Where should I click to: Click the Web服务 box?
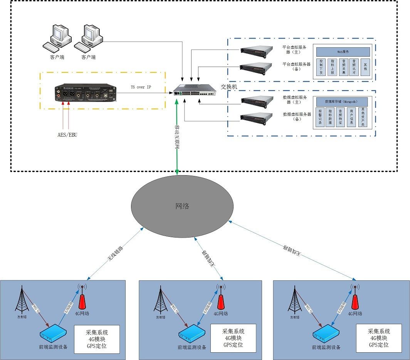tap(343, 51)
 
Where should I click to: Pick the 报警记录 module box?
tap(320, 117)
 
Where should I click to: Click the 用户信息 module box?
tap(351, 117)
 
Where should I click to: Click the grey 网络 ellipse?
tap(182, 206)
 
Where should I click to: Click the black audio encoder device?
tap(84, 93)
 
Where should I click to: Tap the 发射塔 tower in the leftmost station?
tap(22, 301)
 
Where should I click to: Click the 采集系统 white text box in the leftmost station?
tap(97, 339)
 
